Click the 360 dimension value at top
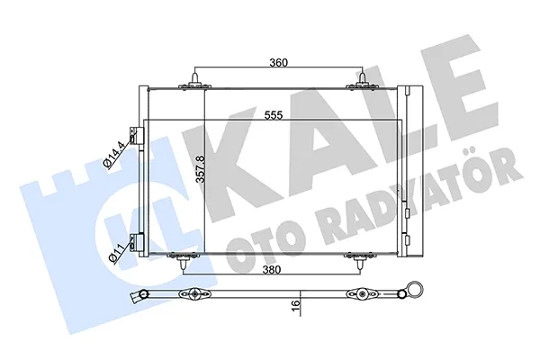click(278, 63)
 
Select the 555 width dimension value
click(274, 114)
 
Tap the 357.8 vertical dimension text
click(201, 169)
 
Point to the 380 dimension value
click(272, 269)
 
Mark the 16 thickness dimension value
click(296, 305)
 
